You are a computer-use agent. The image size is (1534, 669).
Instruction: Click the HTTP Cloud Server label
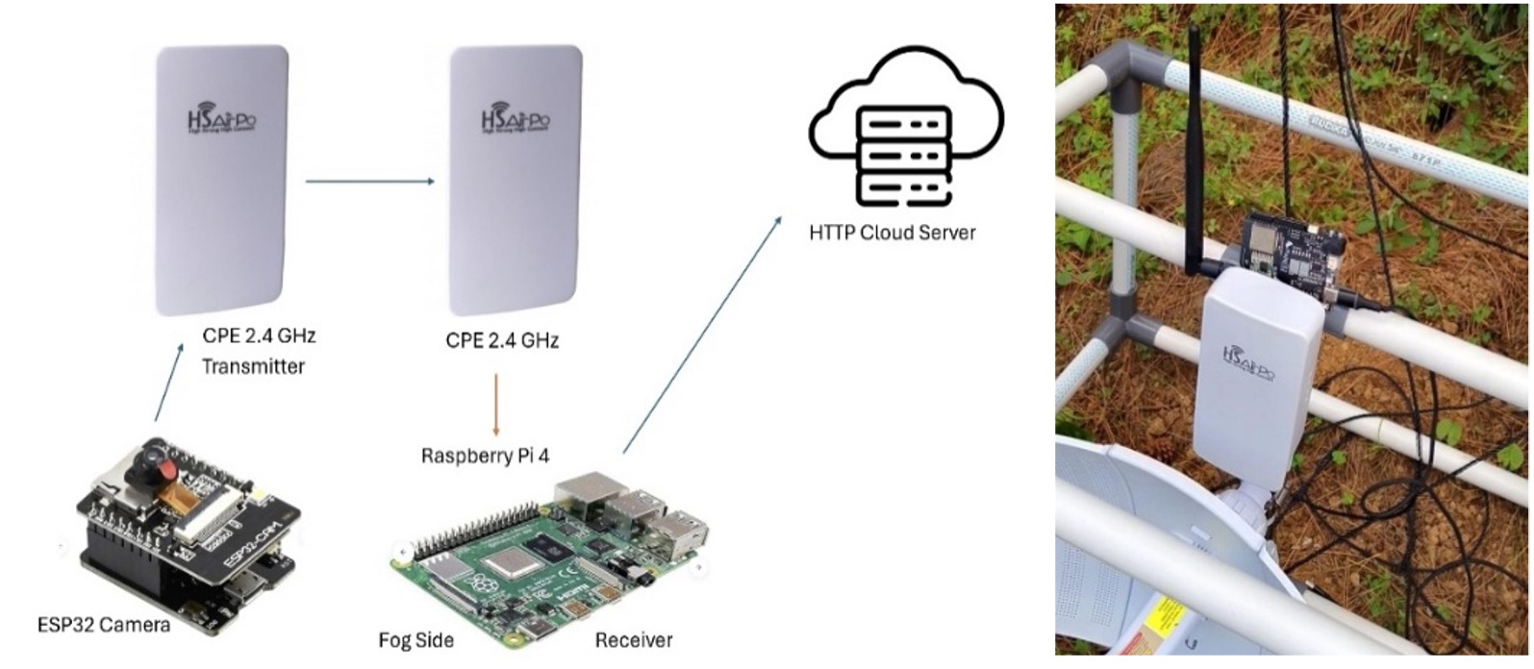[x=893, y=232]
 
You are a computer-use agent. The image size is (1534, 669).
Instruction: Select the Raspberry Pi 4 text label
[x=485, y=455]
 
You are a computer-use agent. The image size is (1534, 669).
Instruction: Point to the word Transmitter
[x=253, y=366]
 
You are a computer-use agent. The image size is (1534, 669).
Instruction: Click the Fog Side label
[x=415, y=639]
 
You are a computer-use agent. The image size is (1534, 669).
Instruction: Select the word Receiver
[x=633, y=639]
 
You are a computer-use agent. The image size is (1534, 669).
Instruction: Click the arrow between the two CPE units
[x=369, y=181]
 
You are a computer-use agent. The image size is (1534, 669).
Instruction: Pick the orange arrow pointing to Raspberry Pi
[x=496, y=404]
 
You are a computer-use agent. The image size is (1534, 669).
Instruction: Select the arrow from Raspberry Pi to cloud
[x=702, y=333]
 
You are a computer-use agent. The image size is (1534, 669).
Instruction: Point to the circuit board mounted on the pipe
[x=1289, y=250]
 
